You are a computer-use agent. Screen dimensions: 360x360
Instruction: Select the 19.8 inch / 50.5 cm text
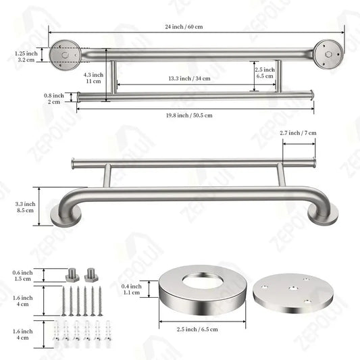tap(190, 115)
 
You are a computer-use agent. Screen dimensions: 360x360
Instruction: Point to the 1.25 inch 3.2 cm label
tap(25, 55)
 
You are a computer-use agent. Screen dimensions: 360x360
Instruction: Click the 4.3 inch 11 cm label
tap(93, 77)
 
